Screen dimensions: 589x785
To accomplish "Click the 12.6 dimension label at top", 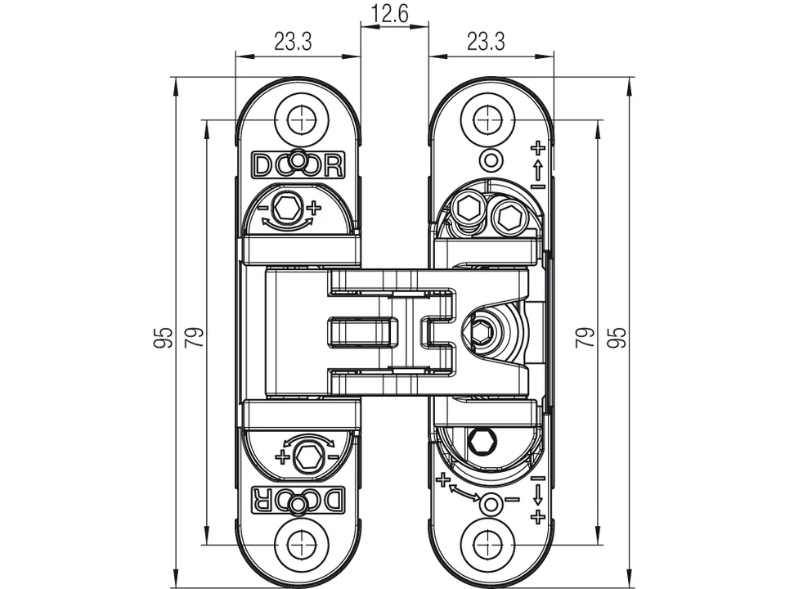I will (x=394, y=14).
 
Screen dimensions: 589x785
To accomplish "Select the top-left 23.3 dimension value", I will (x=293, y=43).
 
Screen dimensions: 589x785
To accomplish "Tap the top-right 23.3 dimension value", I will (x=485, y=43).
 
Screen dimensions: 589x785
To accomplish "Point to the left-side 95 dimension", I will (x=164, y=337).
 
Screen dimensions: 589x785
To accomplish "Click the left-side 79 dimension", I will (x=194, y=337).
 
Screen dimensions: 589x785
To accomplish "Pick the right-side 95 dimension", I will (x=618, y=337).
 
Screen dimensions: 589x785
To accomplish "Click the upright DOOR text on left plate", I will (x=298, y=165).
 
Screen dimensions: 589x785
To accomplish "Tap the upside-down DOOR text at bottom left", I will (x=298, y=499).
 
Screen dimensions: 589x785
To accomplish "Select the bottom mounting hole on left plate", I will (x=301, y=544).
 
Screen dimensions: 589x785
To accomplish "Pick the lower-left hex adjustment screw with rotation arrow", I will (x=308, y=455).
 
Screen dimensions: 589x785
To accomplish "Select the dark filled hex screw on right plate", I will (x=482, y=442).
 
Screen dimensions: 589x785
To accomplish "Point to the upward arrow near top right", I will (x=537, y=169).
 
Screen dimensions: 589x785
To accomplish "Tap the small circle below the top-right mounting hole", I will (x=491, y=160).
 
